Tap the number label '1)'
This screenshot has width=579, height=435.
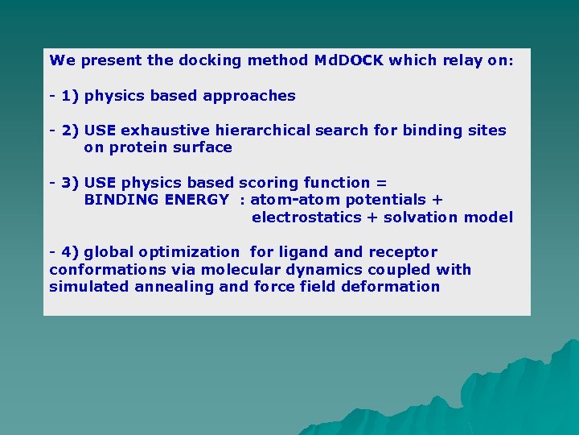click(70, 96)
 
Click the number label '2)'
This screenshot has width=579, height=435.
click(70, 130)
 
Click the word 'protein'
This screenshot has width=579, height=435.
click(138, 147)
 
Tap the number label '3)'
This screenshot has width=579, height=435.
click(70, 183)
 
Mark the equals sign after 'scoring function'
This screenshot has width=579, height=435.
click(382, 183)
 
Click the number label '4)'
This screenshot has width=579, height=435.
click(70, 252)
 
